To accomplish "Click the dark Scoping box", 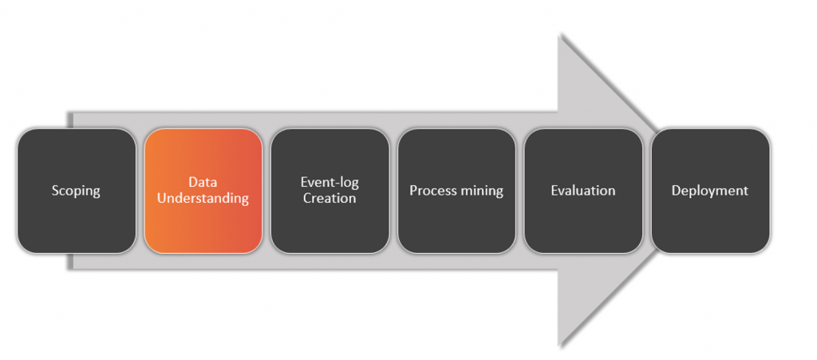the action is point(77,191).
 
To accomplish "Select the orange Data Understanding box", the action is point(203,191).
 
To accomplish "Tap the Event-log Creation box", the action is point(330,191).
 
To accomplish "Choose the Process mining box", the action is point(456,191).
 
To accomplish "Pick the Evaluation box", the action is point(583,191).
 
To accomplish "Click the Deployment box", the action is point(710,191).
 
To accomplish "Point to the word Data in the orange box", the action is point(203,182).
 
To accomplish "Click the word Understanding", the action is point(203,199).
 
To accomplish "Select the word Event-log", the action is point(330,183).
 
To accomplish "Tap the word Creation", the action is point(330,199).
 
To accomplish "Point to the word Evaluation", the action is point(583,191).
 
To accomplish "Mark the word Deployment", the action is point(709,192).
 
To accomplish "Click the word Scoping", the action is point(76,192).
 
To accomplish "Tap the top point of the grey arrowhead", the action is point(558,34).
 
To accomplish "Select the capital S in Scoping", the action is point(55,191).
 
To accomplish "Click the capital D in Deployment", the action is point(677,191).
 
